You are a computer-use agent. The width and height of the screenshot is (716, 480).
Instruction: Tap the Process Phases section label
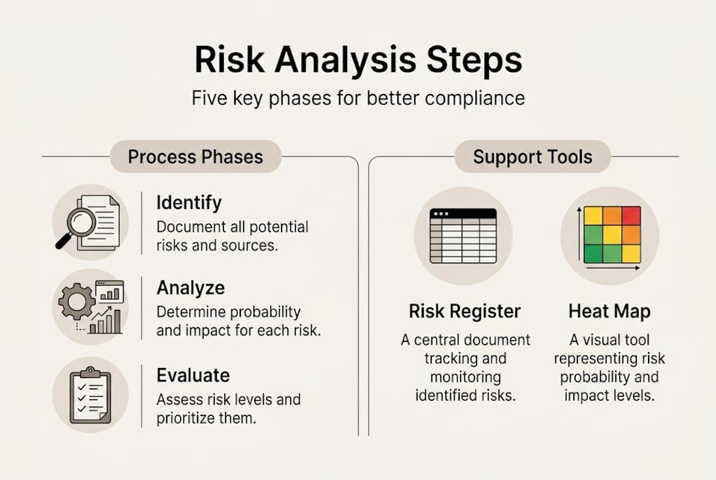pos(195,157)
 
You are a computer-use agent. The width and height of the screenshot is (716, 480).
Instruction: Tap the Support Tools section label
pos(532,157)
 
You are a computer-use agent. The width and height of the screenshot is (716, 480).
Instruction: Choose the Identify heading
pos(189,203)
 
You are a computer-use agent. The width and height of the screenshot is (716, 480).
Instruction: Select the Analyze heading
pos(190,288)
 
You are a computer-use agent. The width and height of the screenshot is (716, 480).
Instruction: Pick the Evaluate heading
pos(193,375)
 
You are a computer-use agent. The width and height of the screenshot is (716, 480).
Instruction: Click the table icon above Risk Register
pos(463,236)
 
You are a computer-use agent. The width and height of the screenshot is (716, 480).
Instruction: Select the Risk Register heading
pos(464,311)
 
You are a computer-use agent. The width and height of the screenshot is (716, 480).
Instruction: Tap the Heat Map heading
pos(609,311)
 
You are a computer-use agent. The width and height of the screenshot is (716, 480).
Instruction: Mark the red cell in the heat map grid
pos(631,216)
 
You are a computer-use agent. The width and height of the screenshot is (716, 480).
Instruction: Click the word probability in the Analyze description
pos(265,312)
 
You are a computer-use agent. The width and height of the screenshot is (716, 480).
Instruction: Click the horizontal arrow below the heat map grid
pos(612,268)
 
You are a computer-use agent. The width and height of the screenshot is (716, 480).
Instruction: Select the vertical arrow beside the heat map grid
pos(579,233)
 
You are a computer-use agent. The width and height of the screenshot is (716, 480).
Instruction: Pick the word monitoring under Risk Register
pos(464,377)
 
